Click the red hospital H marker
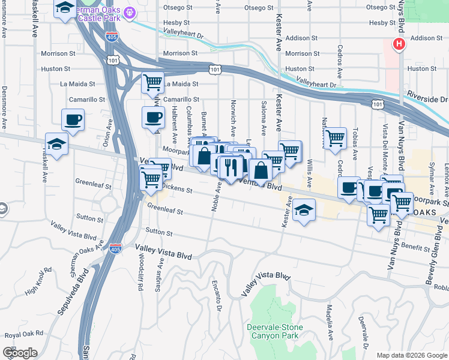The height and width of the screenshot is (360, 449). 398,44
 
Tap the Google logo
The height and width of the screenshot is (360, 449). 20,352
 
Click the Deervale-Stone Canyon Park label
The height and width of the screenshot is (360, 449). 275,331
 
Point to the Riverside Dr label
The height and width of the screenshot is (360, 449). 427,98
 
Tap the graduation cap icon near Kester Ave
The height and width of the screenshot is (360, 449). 304,210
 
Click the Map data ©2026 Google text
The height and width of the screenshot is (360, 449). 411,355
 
